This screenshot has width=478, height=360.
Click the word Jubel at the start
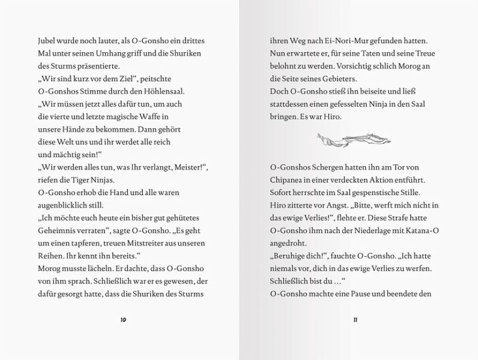click(x=47, y=40)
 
